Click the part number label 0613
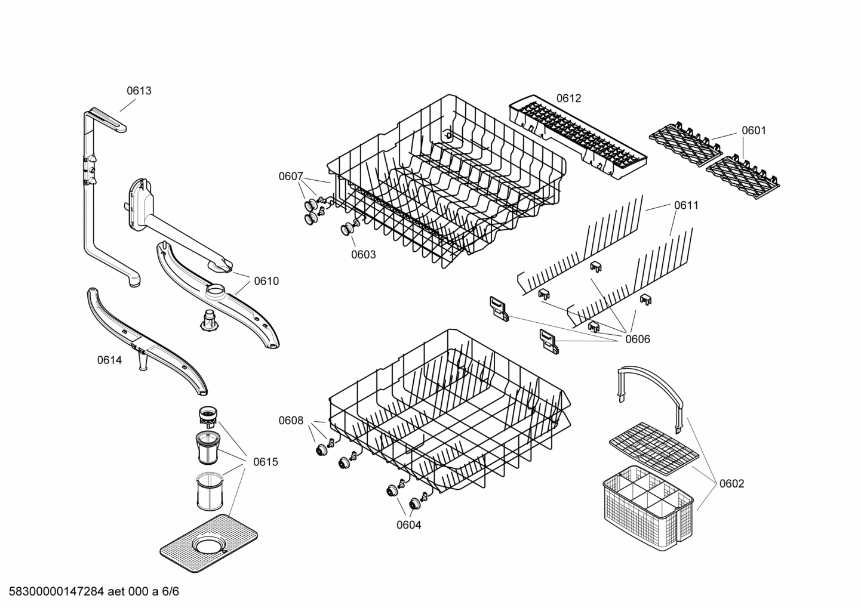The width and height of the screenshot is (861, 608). coord(139,91)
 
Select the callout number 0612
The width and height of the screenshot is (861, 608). coord(568,98)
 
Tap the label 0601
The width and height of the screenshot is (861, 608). coord(754,131)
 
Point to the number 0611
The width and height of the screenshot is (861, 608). coord(686,205)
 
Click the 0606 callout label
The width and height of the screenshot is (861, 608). coord(638,340)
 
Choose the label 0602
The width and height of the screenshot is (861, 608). coord(731,483)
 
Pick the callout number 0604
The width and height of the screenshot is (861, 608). coord(409,525)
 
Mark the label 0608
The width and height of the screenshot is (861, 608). coord(291,421)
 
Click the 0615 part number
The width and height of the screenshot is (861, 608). coord(265,462)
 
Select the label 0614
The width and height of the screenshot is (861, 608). coord(109,360)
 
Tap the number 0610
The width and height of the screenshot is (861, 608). coord(266,281)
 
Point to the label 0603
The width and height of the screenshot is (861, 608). coord(363,255)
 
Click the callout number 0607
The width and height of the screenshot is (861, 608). coord(291,176)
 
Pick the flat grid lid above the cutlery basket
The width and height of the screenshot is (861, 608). coord(653,445)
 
